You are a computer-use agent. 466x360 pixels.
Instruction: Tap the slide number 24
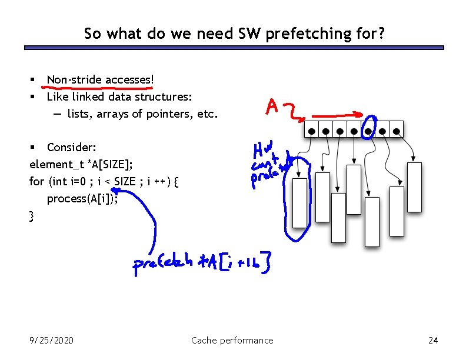[434, 340]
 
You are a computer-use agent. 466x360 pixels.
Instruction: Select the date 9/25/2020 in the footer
[52, 340]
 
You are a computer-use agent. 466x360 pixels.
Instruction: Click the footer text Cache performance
[232, 340]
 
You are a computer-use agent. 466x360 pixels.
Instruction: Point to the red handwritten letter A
[271, 106]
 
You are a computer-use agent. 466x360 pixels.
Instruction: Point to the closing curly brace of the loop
[32, 216]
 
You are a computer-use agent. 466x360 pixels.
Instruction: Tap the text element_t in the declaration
[53, 164]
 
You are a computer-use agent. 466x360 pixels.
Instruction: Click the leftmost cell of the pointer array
[310, 129]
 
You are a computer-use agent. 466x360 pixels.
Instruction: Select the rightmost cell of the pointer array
[397, 129]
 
